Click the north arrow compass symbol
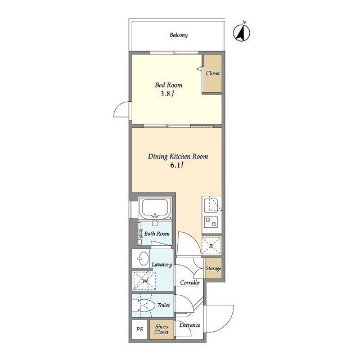pos(241,33)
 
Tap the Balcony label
pos(179,35)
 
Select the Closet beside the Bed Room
pos(213,73)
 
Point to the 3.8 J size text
pos(167,94)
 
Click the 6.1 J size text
pos(177,165)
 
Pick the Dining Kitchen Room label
pos(178,156)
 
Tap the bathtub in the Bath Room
pos(155,209)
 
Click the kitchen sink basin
pos(211,205)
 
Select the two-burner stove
pos(211,222)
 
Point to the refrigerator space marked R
pos(211,246)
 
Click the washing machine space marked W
pos(145,281)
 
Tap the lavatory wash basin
pos(143,259)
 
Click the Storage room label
pos(213,268)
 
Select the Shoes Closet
pos(161,330)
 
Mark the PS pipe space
pos(139,330)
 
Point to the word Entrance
pos(190,325)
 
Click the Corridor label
pos(190,282)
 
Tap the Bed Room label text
pos(169,85)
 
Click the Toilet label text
pos(164,305)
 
